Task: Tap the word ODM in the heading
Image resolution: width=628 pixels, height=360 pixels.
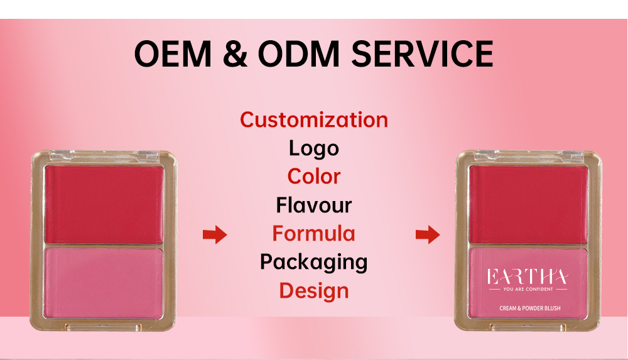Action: pos(293,54)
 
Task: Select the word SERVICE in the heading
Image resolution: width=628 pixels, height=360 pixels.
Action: pos(422,54)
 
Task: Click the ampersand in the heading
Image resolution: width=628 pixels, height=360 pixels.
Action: pos(231,54)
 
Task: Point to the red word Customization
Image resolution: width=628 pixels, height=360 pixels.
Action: pos(314,119)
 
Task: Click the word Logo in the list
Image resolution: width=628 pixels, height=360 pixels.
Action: pos(314,148)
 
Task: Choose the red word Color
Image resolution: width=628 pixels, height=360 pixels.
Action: pos(314,177)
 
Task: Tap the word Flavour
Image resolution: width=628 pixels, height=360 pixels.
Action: pos(314,205)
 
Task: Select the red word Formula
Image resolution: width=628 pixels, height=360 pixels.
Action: pos(314,234)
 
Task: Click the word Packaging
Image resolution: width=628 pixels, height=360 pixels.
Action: pos(314,262)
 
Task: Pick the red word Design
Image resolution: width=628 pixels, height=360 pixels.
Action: pos(314,291)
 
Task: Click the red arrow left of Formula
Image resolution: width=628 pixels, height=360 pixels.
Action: pos(214,235)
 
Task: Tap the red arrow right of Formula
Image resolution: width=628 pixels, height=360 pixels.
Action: pos(427,235)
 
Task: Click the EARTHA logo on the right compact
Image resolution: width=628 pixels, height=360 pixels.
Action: pos(528,277)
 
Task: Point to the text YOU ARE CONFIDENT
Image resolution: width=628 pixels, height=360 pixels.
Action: pos(528,290)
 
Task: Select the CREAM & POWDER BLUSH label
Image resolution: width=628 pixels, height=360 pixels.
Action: pos(528,308)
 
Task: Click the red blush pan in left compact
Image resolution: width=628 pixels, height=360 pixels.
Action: pos(104,204)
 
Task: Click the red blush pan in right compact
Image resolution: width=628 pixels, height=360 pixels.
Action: pos(528,204)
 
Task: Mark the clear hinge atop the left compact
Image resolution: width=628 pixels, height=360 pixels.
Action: pos(104,153)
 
